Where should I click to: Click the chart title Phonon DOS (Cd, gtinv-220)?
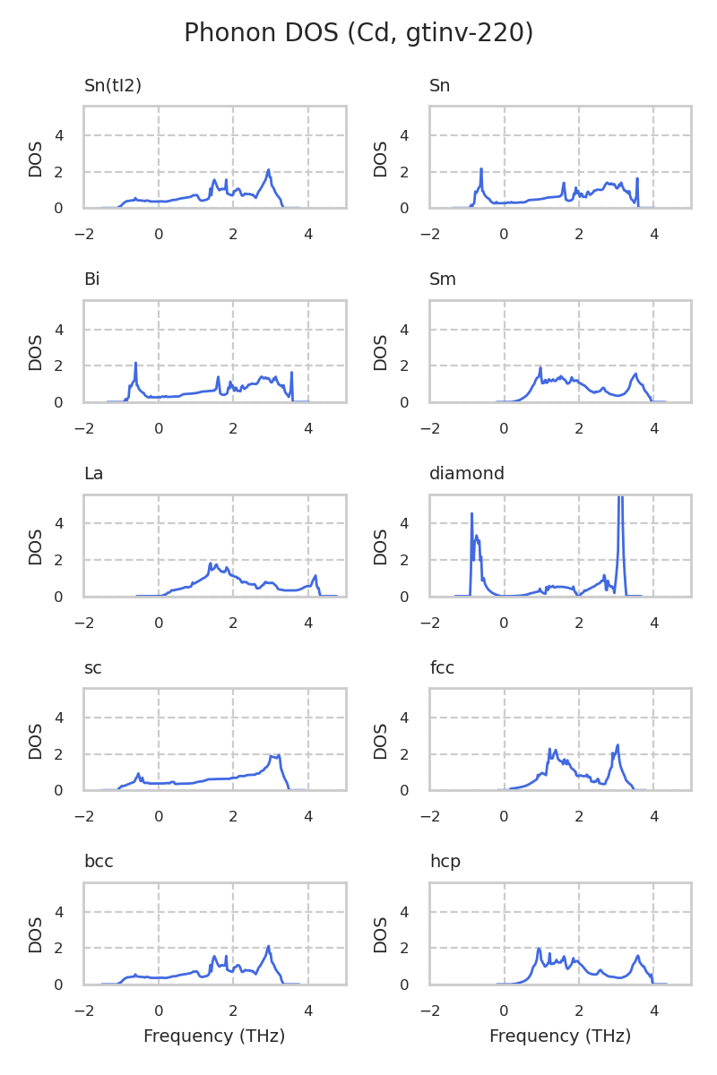358,33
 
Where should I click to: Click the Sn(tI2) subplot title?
113,86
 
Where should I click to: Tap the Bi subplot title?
91,279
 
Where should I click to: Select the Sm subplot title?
443,279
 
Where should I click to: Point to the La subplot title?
93,474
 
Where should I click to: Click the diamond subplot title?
467,474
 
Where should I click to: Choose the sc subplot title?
92,668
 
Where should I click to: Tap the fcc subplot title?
442,668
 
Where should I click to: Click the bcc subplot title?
99,862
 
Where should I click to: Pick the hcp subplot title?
445,862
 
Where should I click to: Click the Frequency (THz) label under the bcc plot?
214,1036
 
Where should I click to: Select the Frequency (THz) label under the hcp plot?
560,1036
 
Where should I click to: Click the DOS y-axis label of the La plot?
36,546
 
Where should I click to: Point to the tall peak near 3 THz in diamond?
620,502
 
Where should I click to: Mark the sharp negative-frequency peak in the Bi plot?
135,364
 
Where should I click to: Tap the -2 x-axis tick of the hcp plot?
429,1011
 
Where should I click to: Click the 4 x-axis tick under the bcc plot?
308,1011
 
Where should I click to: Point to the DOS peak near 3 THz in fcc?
618,746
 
